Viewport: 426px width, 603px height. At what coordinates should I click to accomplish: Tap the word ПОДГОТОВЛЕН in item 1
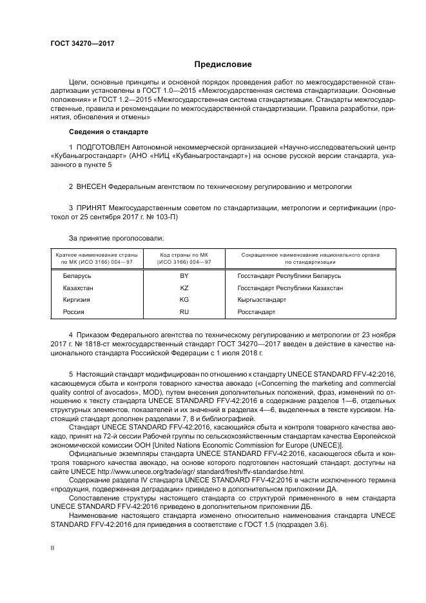click(x=103, y=148)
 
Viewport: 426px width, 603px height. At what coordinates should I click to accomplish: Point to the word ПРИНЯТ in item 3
click(x=93, y=209)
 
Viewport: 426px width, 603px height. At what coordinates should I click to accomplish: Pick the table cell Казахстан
click(x=78, y=288)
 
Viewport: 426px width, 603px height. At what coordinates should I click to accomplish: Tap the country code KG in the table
click(x=184, y=300)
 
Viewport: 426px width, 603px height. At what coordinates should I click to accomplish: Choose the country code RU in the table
click(x=184, y=312)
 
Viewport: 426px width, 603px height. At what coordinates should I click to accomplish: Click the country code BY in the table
click(x=184, y=276)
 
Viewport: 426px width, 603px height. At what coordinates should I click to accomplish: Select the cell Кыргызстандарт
click(x=262, y=300)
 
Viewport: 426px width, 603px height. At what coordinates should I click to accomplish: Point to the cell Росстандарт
click(x=257, y=312)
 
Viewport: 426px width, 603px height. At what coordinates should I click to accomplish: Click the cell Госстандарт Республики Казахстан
click(x=290, y=288)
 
